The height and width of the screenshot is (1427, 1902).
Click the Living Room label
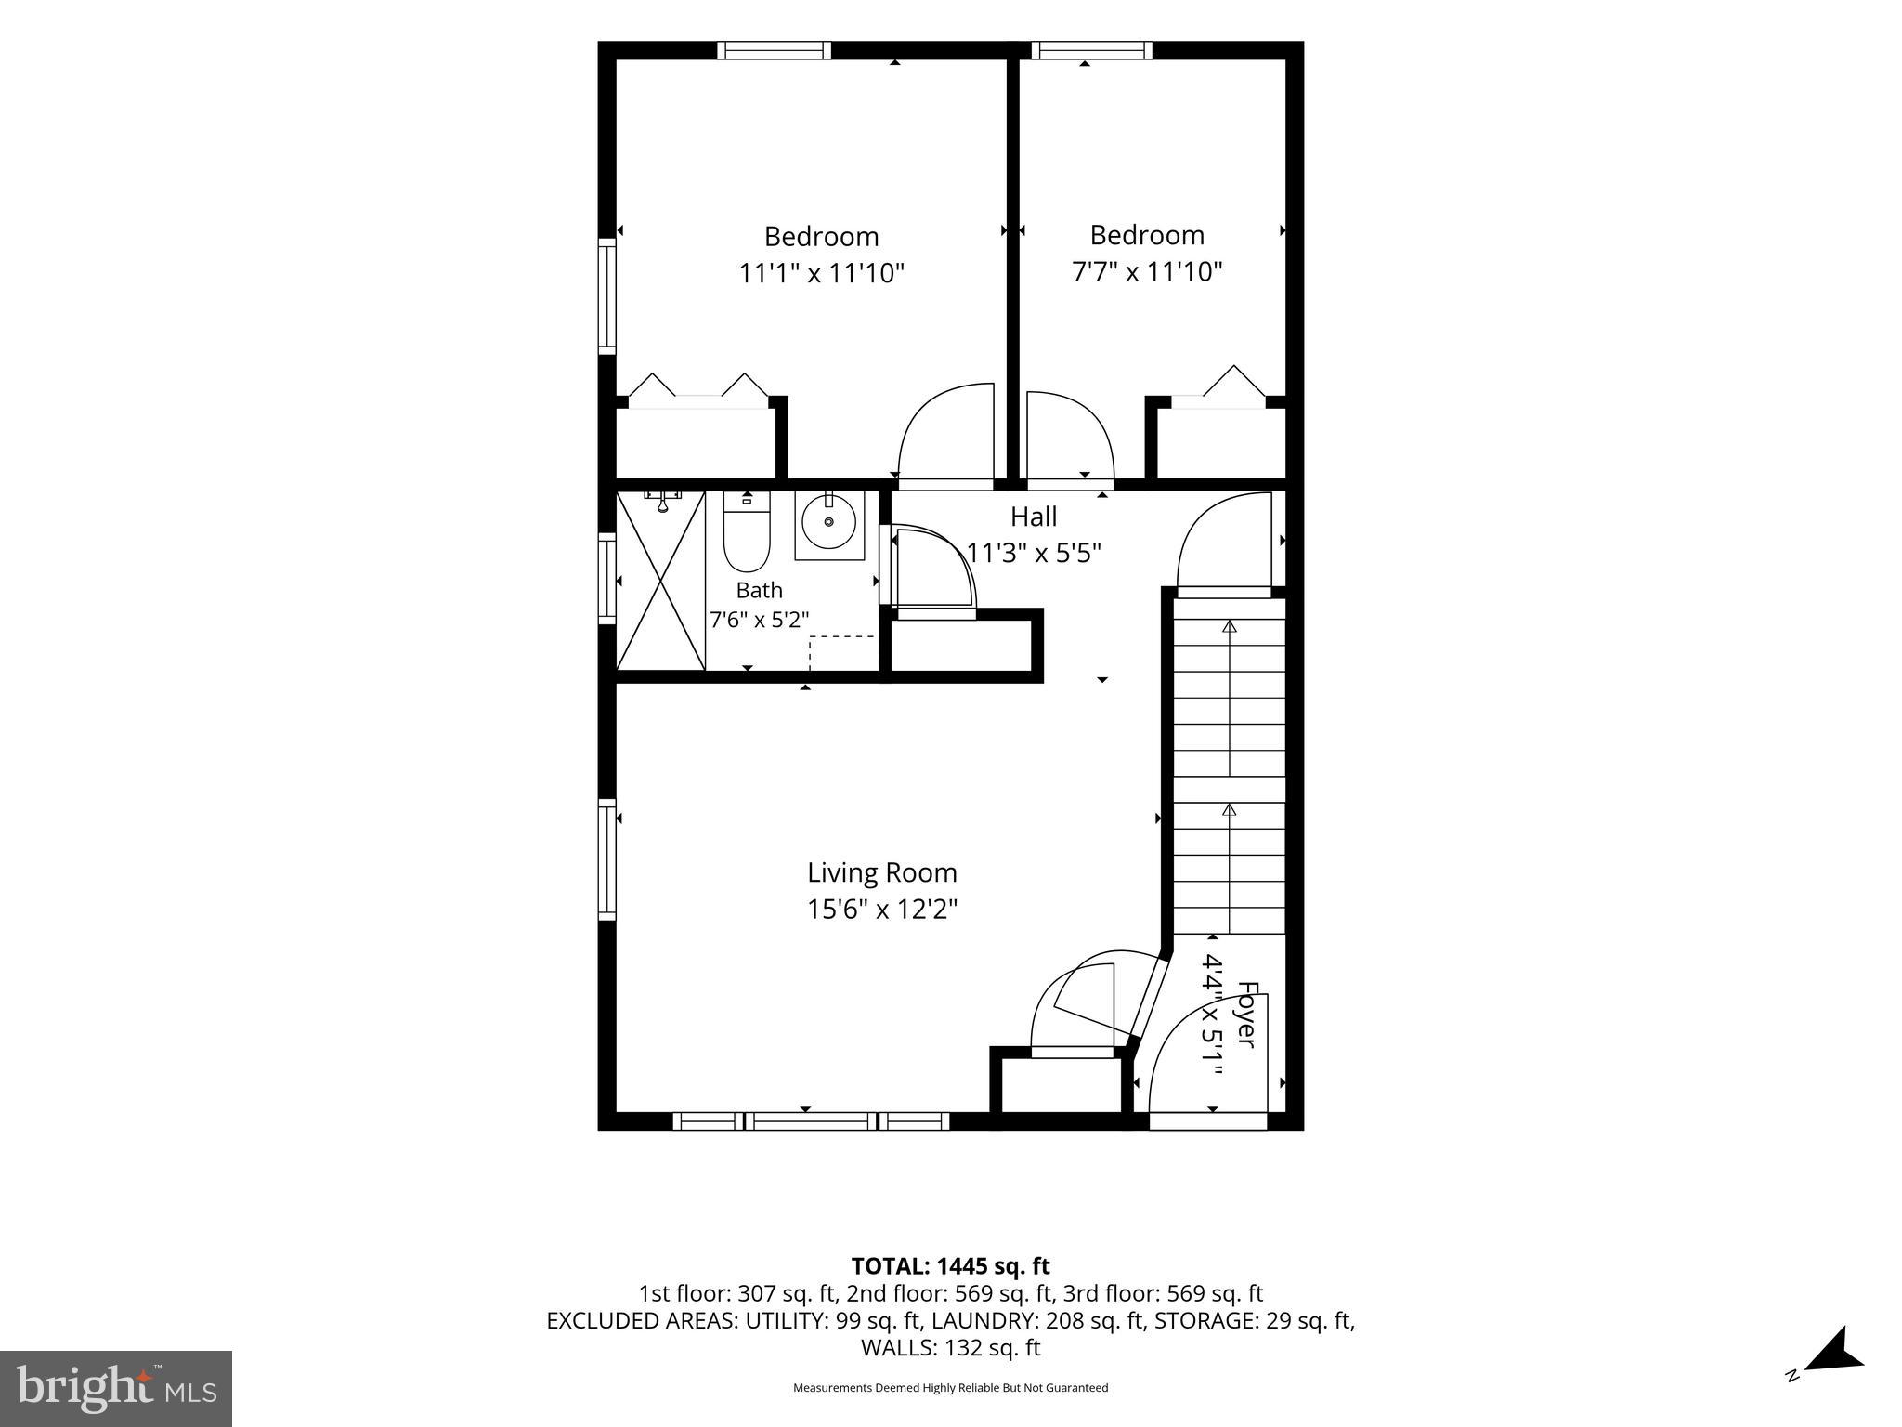pyautogui.click(x=881, y=872)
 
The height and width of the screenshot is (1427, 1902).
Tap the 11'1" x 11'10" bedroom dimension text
pyautogui.click(x=821, y=273)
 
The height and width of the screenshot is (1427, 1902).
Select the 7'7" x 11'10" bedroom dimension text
pyautogui.click(x=1147, y=271)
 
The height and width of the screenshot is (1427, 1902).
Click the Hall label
pyautogui.click(x=1034, y=516)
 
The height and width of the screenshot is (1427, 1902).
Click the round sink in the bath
pyautogui.click(x=828, y=522)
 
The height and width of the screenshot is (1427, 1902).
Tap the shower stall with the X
pyautogui.click(x=660, y=581)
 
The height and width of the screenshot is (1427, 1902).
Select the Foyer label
pyautogui.click(x=1247, y=1015)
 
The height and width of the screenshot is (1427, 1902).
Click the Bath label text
pyautogui.click(x=759, y=590)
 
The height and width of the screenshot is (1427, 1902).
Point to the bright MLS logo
pyautogui.click(x=116, y=1389)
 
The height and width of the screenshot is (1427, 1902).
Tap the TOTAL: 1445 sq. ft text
pyautogui.click(x=950, y=1266)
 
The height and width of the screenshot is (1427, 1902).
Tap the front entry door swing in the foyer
pyautogui.click(x=1208, y=1069)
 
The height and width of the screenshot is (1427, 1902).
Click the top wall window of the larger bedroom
pyautogui.click(x=774, y=50)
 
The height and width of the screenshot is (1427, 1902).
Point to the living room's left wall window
pyautogui.click(x=607, y=859)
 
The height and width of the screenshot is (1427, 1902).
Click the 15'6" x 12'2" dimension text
pyautogui.click(x=881, y=908)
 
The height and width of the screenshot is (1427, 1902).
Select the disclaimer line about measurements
pyautogui.click(x=950, y=1388)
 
